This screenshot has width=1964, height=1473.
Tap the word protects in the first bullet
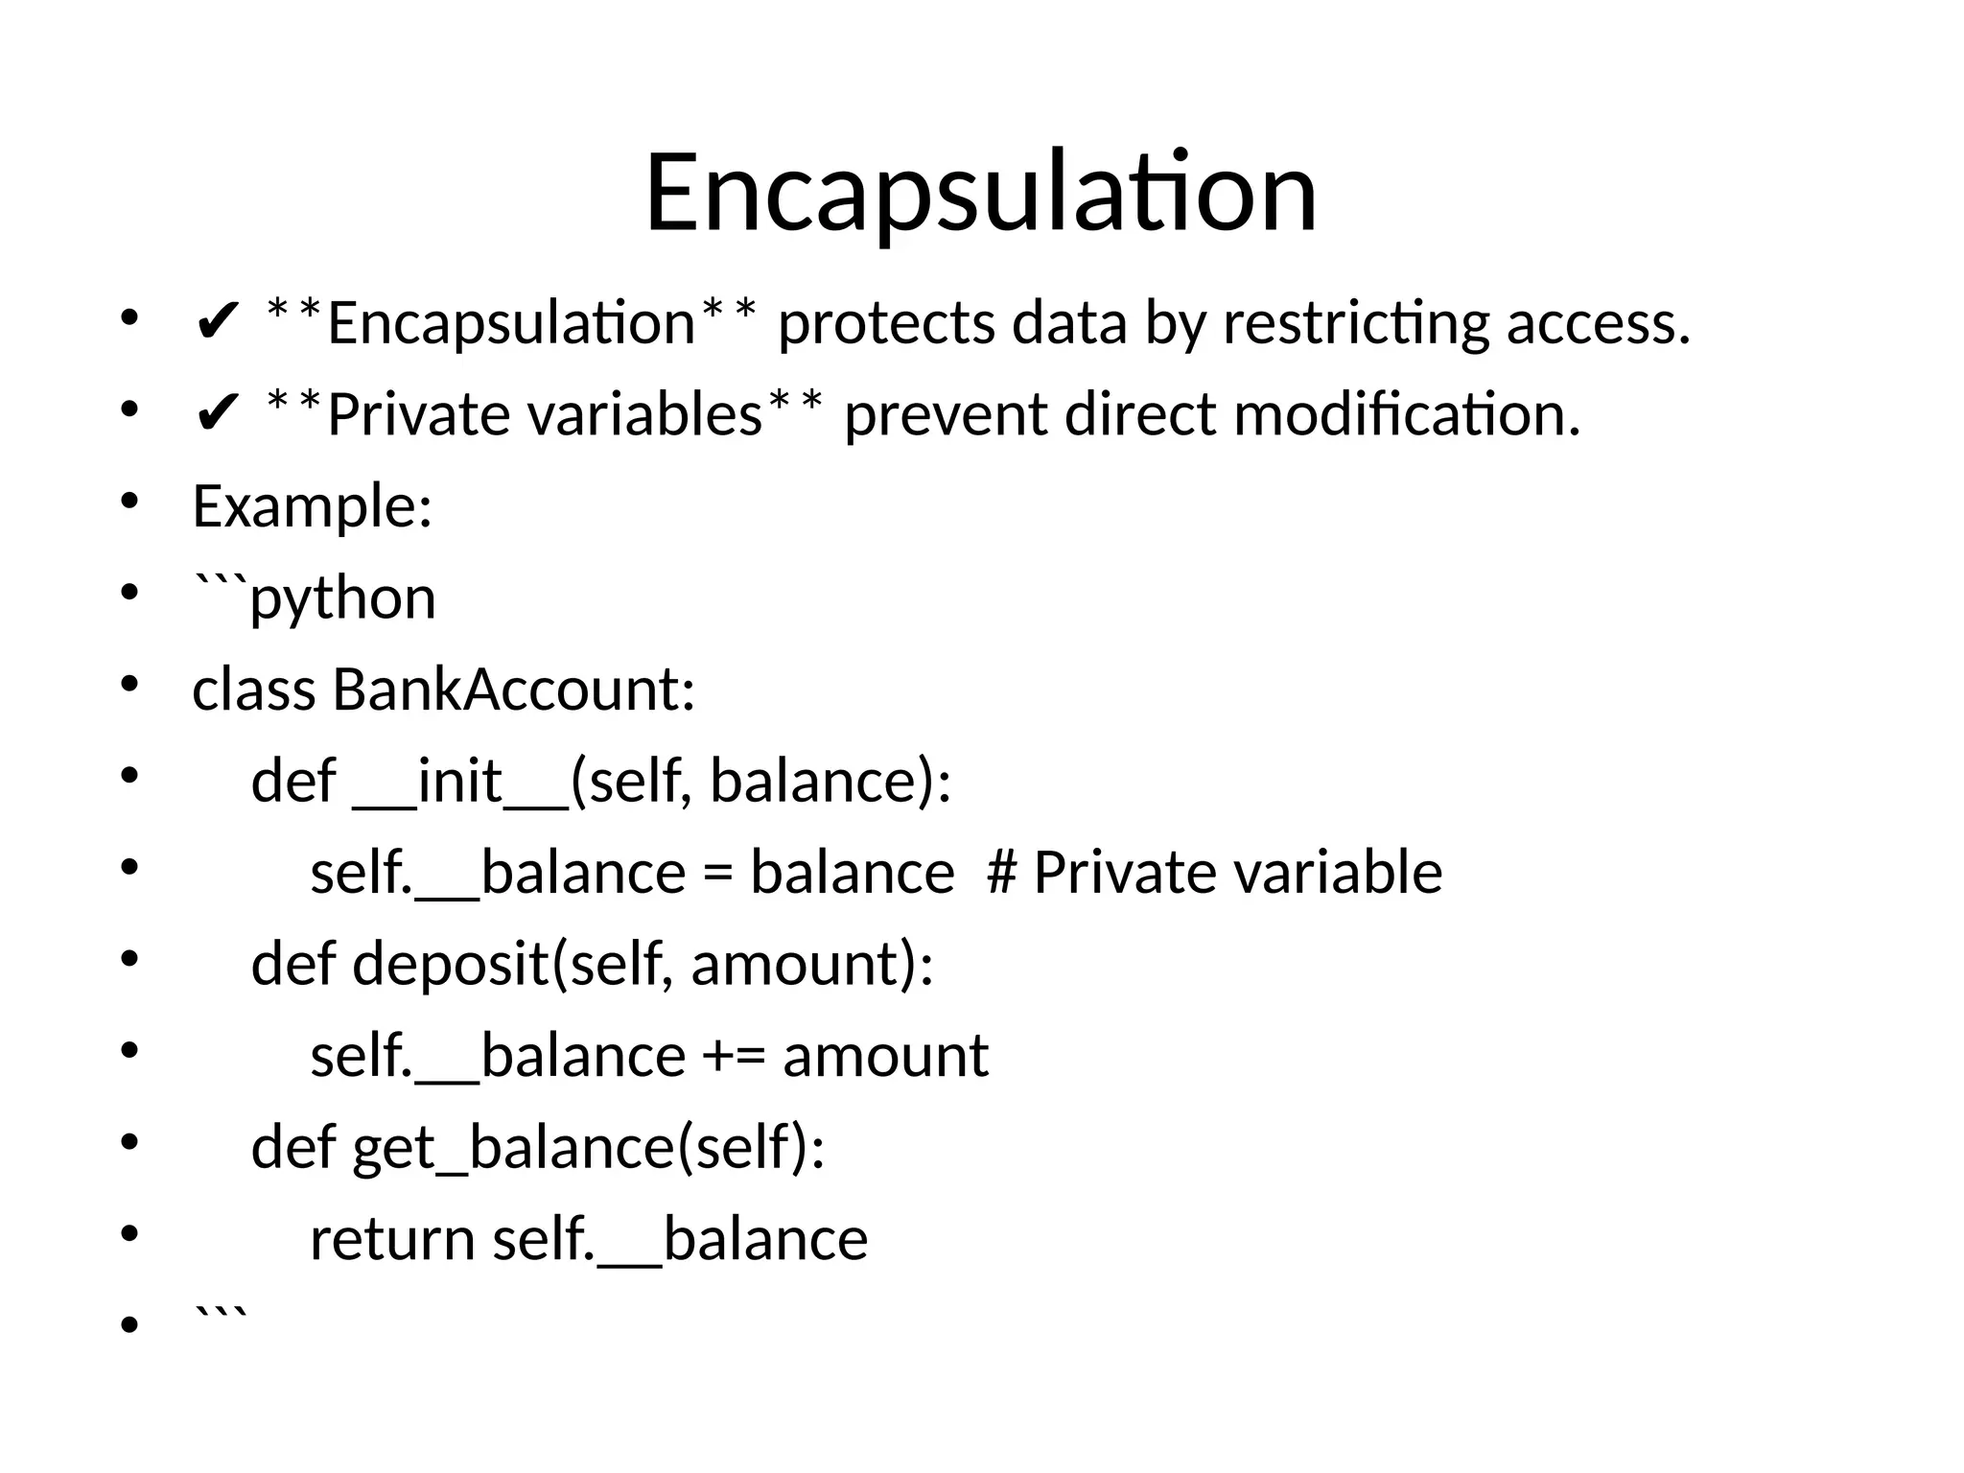(x=886, y=323)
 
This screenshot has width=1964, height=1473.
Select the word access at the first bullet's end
(x=1596, y=323)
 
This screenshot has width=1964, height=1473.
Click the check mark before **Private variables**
(x=216, y=415)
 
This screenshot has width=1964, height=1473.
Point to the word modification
(x=1406, y=415)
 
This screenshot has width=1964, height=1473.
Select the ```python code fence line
(x=315, y=596)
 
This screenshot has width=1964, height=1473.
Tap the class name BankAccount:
(x=513, y=690)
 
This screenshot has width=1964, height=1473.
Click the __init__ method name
(x=460, y=781)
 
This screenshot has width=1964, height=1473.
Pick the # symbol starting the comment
(x=1001, y=873)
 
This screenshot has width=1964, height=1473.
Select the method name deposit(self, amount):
(x=643, y=964)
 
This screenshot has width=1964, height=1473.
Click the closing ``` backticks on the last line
(x=221, y=1316)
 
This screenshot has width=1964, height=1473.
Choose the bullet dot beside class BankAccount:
(x=129, y=686)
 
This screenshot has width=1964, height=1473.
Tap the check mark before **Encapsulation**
(x=216, y=323)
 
